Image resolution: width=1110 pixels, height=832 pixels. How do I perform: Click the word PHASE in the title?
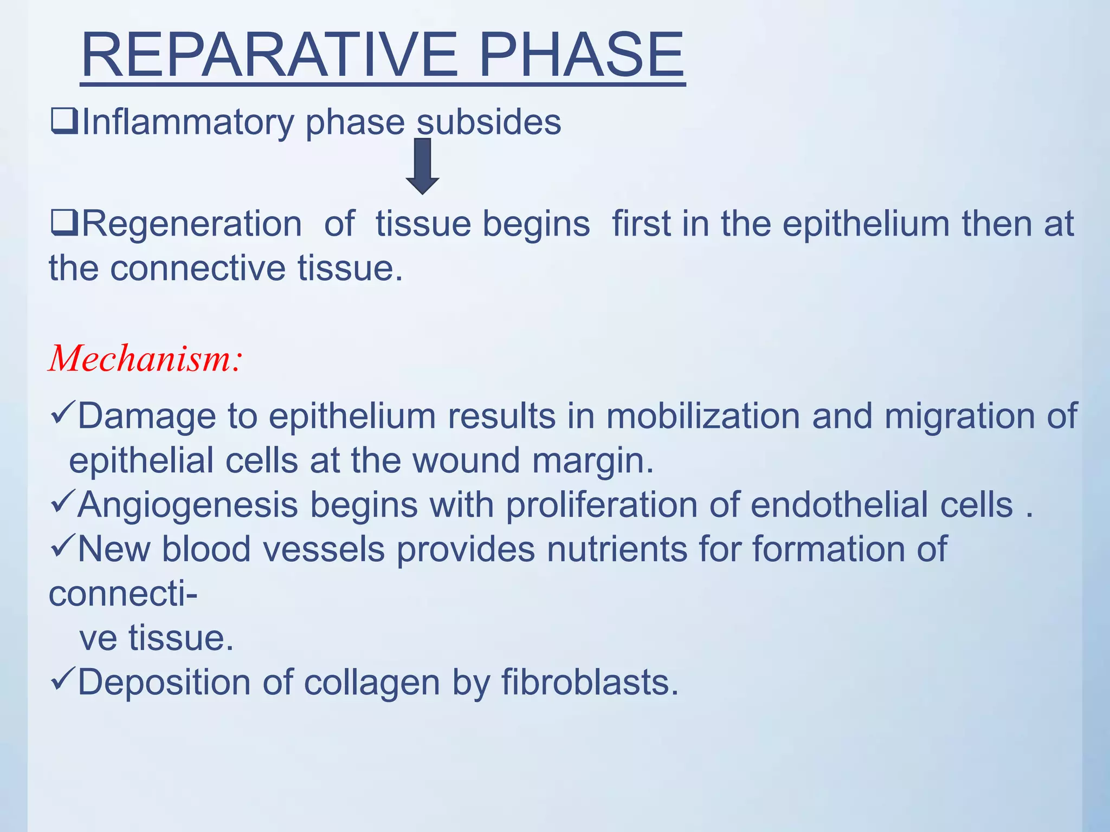tap(582, 55)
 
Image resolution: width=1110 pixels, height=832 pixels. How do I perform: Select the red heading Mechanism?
tap(145, 359)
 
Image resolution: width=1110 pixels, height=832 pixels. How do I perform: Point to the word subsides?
tap(489, 122)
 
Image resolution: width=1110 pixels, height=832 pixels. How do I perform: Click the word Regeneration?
tap(191, 224)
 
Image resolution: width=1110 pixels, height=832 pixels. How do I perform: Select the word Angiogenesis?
tap(188, 505)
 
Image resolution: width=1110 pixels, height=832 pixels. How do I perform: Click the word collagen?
tap(372, 682)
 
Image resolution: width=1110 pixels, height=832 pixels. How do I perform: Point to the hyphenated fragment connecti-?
tap(123, 594)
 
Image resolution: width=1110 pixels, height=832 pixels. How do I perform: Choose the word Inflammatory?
tap(188, 122)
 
